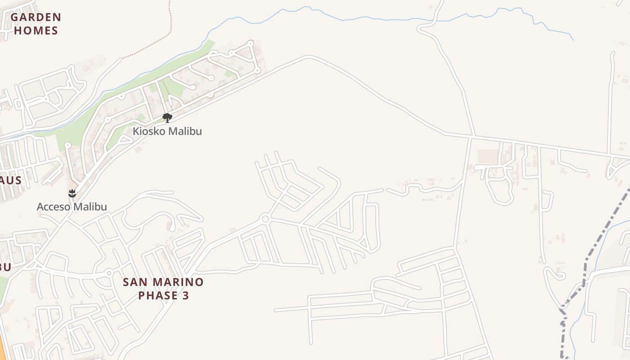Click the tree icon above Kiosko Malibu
click(167, 118)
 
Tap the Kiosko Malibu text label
click(167, 131)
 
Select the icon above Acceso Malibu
click(72, 194)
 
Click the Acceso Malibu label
click(72, 207)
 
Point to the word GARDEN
click(36, 18)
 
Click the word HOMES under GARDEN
click(36, 31)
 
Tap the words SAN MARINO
click(163, 282)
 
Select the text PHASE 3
click(163, 296)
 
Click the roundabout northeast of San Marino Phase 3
click(265, 219)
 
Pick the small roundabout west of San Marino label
click(109, 273)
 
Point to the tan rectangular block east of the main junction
click(488, 157)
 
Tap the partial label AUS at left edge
click(11, 180)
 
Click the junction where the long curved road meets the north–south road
click(472, 135)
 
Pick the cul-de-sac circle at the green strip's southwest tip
click(68, 145)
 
